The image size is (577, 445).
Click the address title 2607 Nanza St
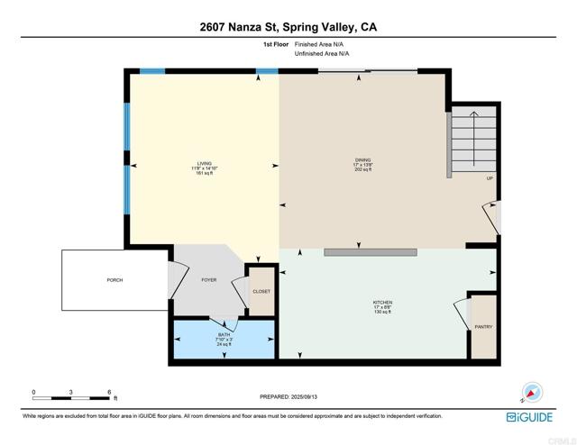[288, 27]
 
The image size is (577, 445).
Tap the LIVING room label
[205, 163]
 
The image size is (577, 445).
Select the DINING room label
[362, 160]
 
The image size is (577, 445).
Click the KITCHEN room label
[383, 303]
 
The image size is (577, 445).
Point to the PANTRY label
[483, 327]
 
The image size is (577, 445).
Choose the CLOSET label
[261, 292]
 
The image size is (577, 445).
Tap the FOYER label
[208, 280]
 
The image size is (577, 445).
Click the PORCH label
[114, 280]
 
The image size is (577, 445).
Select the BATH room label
[224, 333]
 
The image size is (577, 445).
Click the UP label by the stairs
[490, 178]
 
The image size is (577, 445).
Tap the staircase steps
[473, 140]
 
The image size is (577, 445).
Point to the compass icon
[533, 392]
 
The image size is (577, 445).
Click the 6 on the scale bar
[109, 393]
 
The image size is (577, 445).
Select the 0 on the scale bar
[34, 393]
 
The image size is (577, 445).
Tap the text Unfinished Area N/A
[323, 54]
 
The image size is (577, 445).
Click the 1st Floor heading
[274, 42]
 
